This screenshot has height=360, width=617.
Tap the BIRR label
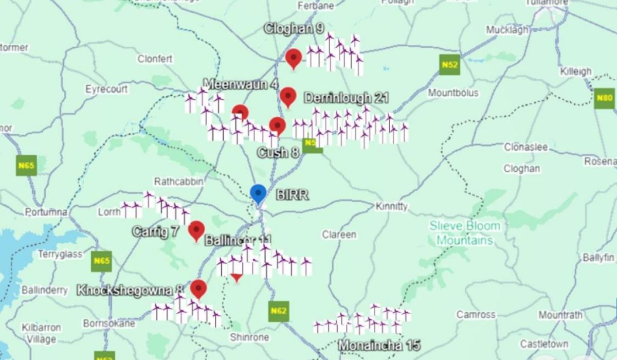[x=292, y=195]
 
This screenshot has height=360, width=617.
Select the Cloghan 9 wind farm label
[x=294, y=29]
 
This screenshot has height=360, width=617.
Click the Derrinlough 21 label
[x=346, y=98]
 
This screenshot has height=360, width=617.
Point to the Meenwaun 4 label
[x=241, y=84]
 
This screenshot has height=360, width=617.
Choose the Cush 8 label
[x=278, y=153]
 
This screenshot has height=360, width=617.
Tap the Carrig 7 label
[x=155, y=231]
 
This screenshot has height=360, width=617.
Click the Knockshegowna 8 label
[x=130, y=290]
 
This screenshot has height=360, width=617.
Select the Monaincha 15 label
[x=379, y=345]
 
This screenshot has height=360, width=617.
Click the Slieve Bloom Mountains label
[x=465, y=233]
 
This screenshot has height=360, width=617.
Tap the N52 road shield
[x=449, y=65]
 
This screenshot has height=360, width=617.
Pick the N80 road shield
[x=604, y=98]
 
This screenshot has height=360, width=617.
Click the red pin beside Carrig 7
[x=196, y=230]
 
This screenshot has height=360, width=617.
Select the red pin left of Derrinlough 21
[x=288, y=96]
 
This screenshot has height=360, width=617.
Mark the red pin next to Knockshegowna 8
[x=198, y=289]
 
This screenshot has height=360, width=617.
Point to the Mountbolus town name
[x=453, y=93]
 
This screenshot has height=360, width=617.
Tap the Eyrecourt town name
[x=106, y=89]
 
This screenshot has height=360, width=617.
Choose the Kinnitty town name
[x=392, y=206]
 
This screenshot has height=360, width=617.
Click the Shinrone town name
[x=249, y=337]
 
